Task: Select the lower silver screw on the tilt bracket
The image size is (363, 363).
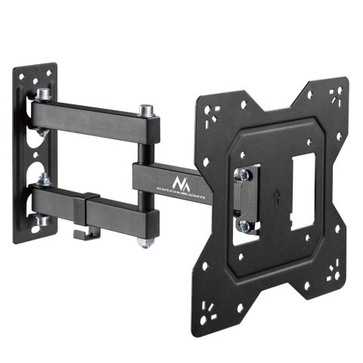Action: coord(245,224)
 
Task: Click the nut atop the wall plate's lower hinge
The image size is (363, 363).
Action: coord(44,181)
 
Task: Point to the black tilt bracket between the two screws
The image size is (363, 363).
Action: coord(246,200)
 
